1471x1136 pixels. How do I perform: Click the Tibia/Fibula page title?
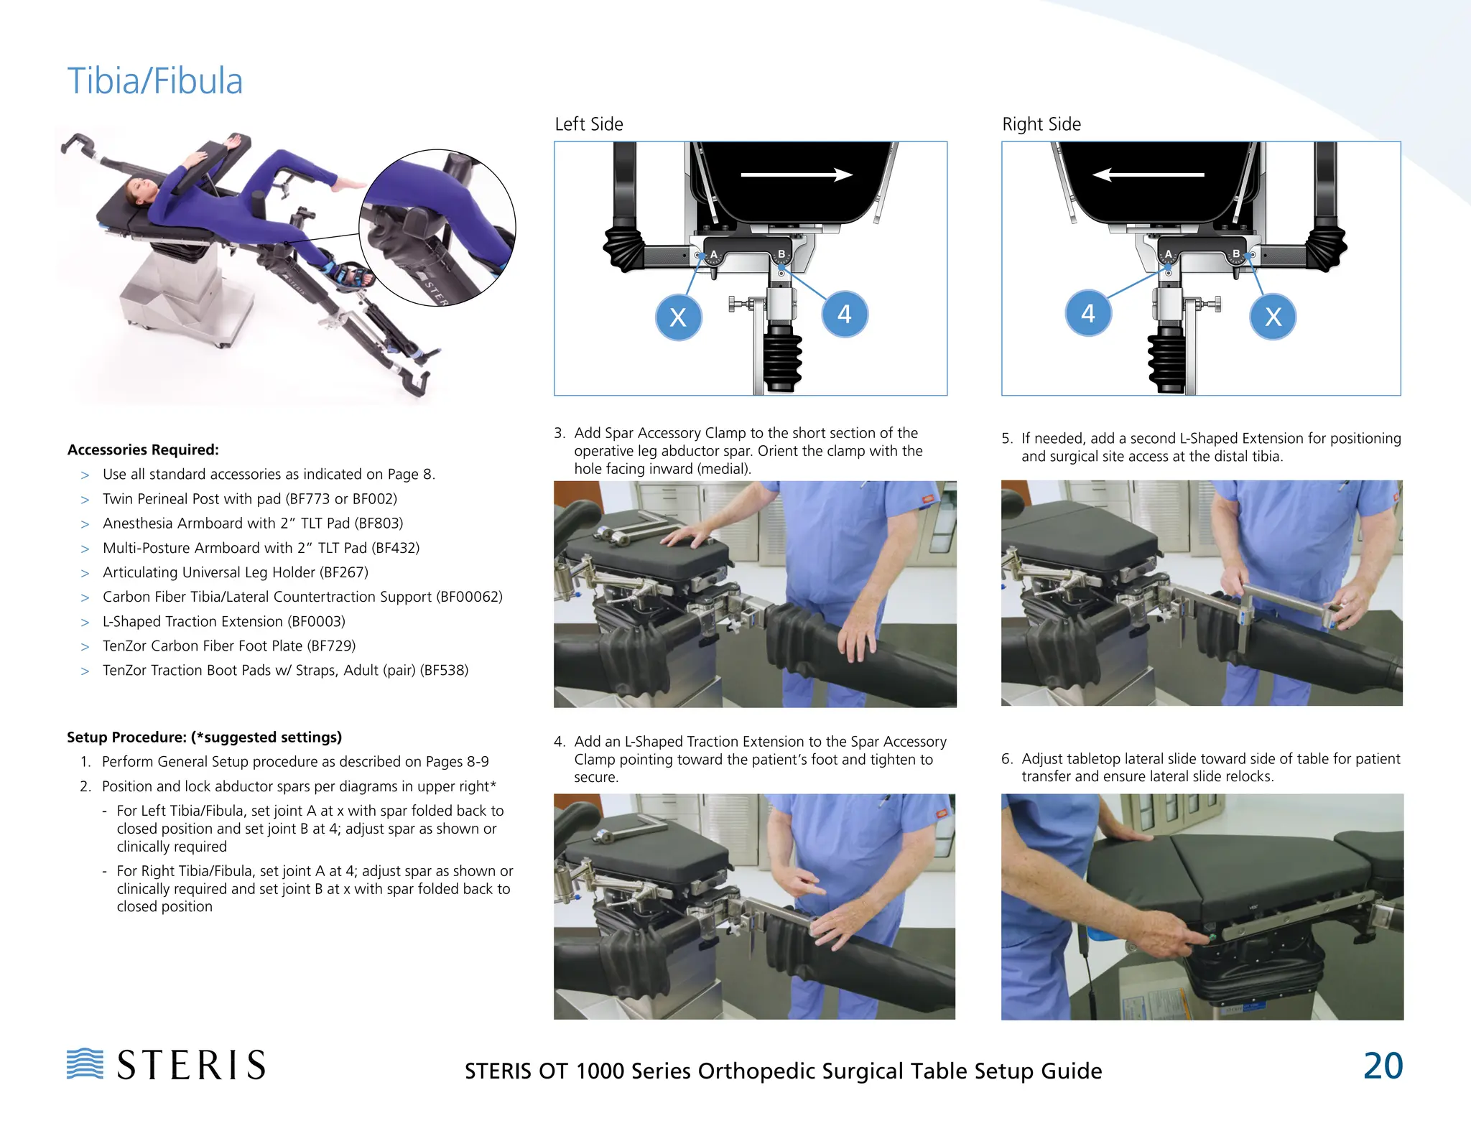pos(155,80)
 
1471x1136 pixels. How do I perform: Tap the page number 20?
pos(1383,1066)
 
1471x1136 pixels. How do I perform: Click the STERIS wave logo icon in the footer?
pos(85,1063)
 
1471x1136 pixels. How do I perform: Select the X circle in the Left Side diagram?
pos(678,317)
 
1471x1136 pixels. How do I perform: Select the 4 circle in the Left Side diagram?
pos(845,315)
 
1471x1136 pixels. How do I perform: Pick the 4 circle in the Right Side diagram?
pos(1088,313)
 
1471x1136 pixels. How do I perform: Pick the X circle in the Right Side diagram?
pos(1273,317)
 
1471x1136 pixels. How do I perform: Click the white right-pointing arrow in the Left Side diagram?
pos(797,174)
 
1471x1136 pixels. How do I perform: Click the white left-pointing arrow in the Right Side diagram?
pos(1148,174)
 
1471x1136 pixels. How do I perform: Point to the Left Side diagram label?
pos(589,124)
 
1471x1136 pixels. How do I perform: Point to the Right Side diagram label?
pos(1041,124)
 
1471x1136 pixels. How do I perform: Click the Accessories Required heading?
pos(143,450)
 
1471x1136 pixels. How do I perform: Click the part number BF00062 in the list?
pos(469,597)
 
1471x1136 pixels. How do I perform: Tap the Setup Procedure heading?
pos(204,737)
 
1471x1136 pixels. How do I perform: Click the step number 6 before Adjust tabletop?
pos(1007,759)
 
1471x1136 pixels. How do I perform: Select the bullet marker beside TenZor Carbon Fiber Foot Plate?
pos(85,646)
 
